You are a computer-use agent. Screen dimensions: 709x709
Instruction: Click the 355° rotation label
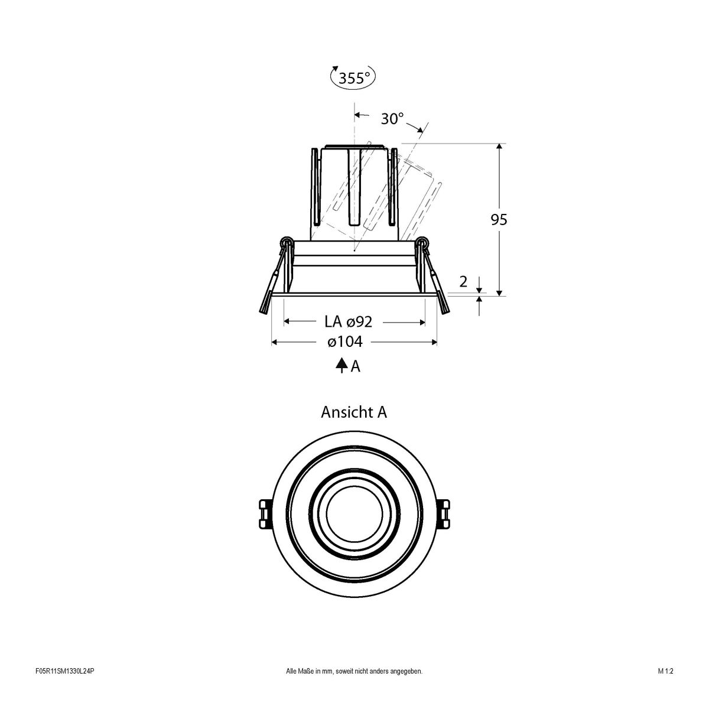tap(353, 78)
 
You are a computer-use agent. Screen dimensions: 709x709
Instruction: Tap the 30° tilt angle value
tap(392, 119)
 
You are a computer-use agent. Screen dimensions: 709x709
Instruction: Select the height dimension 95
tap(499, 220)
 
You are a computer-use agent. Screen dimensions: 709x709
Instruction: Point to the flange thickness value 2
tap(463, 282)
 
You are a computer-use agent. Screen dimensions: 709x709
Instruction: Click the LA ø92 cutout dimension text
tap(348, 322)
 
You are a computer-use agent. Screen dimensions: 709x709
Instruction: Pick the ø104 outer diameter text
tap(344, 342)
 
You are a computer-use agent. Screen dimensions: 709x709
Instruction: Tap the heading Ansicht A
tap(353, 412)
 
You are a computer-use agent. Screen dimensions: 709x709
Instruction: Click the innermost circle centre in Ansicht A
tap(353, 514)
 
